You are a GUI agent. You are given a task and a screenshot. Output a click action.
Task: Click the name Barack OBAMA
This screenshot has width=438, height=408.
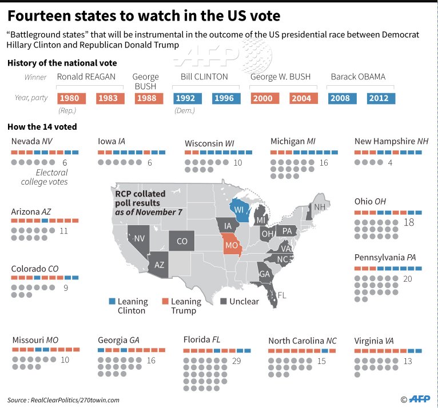click(x=358, y=77)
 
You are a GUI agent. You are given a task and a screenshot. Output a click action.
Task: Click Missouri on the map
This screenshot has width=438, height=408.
click(x=232, y=246)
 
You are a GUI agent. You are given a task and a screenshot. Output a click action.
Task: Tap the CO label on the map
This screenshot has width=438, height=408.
click(x=181, y=241)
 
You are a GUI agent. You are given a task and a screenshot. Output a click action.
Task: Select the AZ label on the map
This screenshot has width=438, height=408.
click(x=160, y=265)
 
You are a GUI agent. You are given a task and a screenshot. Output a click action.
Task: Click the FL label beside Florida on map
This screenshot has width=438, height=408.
click(x=282, y=295)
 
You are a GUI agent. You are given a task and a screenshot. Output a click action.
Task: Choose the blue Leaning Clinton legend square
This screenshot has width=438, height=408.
click(x=112, y=301)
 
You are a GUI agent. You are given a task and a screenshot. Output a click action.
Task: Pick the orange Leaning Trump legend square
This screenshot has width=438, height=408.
click(x=165, y=301)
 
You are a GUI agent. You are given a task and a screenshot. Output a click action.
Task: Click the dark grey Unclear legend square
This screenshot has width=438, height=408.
click(x=224, y=301)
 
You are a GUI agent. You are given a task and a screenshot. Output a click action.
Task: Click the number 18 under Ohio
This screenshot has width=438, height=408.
click(x=409, y=222)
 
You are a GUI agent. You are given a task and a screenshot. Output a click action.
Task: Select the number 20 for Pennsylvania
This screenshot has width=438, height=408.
click(x=407, y=279)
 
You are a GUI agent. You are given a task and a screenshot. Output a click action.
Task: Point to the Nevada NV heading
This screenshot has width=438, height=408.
click(x=32, y=141)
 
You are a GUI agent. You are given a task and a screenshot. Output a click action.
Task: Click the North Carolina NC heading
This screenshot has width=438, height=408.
click(x=302, y=341)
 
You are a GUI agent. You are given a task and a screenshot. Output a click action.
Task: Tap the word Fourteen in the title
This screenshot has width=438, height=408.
click(x=42, y=14)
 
